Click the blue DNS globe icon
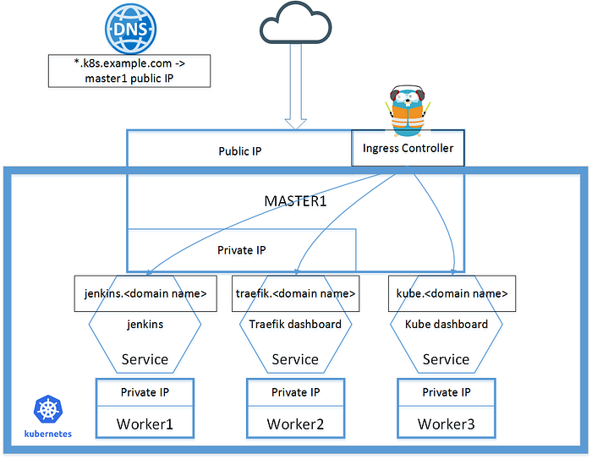[130, 29]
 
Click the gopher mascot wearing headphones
[408, 111]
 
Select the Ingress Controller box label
[408, 148]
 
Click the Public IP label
[240, 151]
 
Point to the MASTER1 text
[295, 201]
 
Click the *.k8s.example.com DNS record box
[129, 71]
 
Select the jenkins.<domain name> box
[145, 293]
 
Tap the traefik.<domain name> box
[296, 293]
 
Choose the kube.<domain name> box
[452, 293]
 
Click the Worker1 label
[145, 423]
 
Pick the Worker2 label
[295, 423]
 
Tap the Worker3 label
[446, 423]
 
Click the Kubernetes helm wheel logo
[48, 409]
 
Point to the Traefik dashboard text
[295, 325]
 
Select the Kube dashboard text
[447, 325]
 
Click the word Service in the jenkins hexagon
[145, 359]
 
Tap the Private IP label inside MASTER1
[242, 250]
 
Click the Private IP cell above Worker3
[447, 392]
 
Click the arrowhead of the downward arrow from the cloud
[296, 124]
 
